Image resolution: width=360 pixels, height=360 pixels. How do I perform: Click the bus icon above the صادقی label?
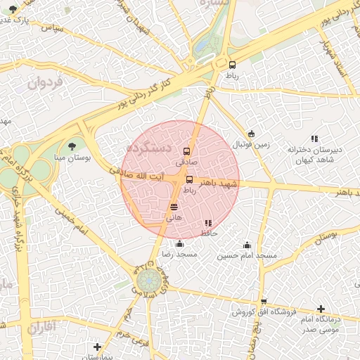[x=186, y=150]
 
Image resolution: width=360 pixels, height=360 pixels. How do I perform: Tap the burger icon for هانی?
[x=174, y=207]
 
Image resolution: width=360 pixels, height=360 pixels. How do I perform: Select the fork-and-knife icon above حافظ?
[x=207, y=223]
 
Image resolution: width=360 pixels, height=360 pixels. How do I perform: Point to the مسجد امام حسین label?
[x=247, y=255]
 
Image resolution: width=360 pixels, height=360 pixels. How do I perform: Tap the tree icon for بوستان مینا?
[x=72, y=146]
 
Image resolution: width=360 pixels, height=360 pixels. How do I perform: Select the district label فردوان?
[x=45, y=83]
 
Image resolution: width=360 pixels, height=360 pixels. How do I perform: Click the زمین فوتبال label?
[x=252, y=145]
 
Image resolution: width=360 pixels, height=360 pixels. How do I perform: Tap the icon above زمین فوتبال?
[x=251, y=134]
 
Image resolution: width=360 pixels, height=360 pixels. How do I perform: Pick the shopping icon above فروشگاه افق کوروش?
[x=263, y=302]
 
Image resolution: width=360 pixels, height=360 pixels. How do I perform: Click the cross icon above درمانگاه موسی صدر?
[x=321, y=309]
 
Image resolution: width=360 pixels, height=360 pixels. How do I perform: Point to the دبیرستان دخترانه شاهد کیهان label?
[x=314, y=154]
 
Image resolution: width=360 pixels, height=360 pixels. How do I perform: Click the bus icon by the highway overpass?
[x=232, y=65]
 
